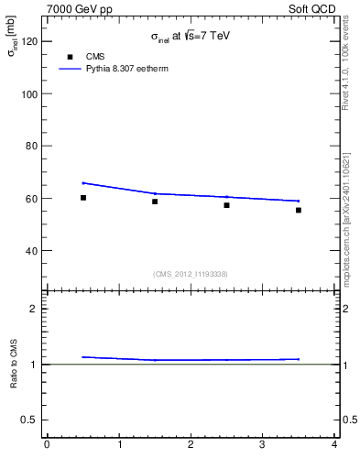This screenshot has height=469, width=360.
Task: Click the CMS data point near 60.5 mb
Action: point(83,197)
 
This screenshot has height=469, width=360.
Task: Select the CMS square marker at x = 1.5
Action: point(155,202)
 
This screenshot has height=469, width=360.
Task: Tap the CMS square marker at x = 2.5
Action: point(226,205)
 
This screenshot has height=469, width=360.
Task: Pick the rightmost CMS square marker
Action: point(298,210)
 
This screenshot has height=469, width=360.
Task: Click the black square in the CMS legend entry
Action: point(70,57)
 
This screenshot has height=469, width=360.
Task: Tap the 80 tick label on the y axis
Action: point(30,146)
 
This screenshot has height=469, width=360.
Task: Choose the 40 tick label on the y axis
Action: point(30,250)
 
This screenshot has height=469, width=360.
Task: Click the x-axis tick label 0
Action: point(47,446)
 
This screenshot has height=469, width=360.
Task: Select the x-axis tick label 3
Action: point(263,446)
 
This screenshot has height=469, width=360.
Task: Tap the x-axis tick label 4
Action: point(334,446)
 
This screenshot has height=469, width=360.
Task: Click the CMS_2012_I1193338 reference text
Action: point(191,274)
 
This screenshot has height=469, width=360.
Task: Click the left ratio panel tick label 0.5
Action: point(29,420)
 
